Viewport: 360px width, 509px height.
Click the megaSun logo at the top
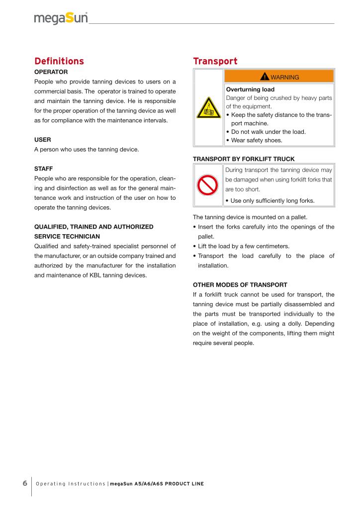61,19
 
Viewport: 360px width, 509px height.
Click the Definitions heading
59,62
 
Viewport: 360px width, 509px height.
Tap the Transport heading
215,62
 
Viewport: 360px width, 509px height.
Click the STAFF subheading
44,170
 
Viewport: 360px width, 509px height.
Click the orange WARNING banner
279,77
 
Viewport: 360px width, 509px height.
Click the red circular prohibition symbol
208,185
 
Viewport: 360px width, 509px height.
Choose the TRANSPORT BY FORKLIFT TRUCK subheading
244,159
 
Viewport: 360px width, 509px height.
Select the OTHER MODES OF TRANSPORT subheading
240,285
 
